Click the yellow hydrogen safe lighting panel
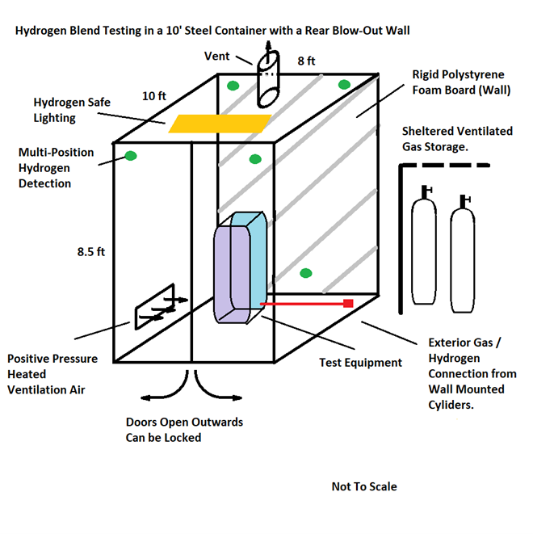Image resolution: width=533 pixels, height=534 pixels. pos(218,124)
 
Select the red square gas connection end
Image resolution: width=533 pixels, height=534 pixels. pos(348,303)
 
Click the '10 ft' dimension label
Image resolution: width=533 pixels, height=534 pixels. pos(154,95)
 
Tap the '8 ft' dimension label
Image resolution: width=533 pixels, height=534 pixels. pos(306,61)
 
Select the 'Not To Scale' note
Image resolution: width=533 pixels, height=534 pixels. pos(363,486)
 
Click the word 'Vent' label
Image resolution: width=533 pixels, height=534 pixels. pos(217,57)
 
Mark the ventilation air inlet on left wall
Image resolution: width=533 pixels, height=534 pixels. pos(156,306)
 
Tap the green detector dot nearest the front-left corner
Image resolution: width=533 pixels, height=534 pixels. pos(130,155)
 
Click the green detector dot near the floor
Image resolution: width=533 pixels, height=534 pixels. pos(306,273)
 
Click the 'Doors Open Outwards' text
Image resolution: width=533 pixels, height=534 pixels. pos(184,423)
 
